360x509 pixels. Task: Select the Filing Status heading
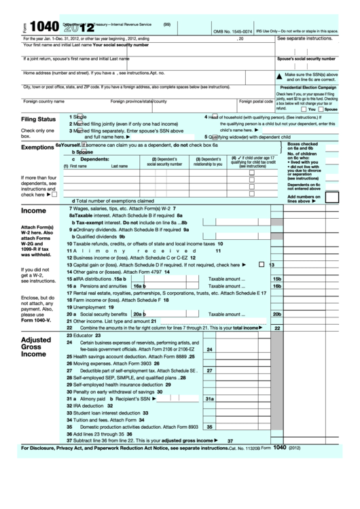38,120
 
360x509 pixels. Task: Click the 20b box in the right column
276,315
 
